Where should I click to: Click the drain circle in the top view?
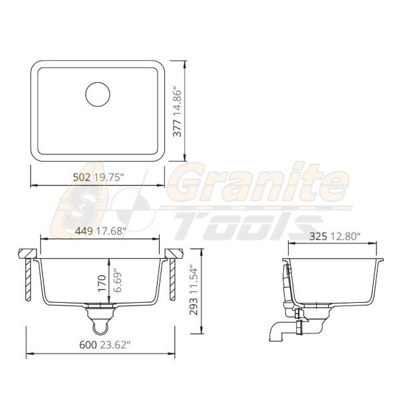point(98,82)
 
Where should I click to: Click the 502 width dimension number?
point(82,177)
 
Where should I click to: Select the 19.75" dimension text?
point(108,177)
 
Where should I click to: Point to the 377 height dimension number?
point(177,128)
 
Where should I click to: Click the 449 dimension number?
point(84,231)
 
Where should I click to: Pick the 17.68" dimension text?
point(111,231)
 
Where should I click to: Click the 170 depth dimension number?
point(102,283)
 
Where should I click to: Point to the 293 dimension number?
point(193,306)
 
